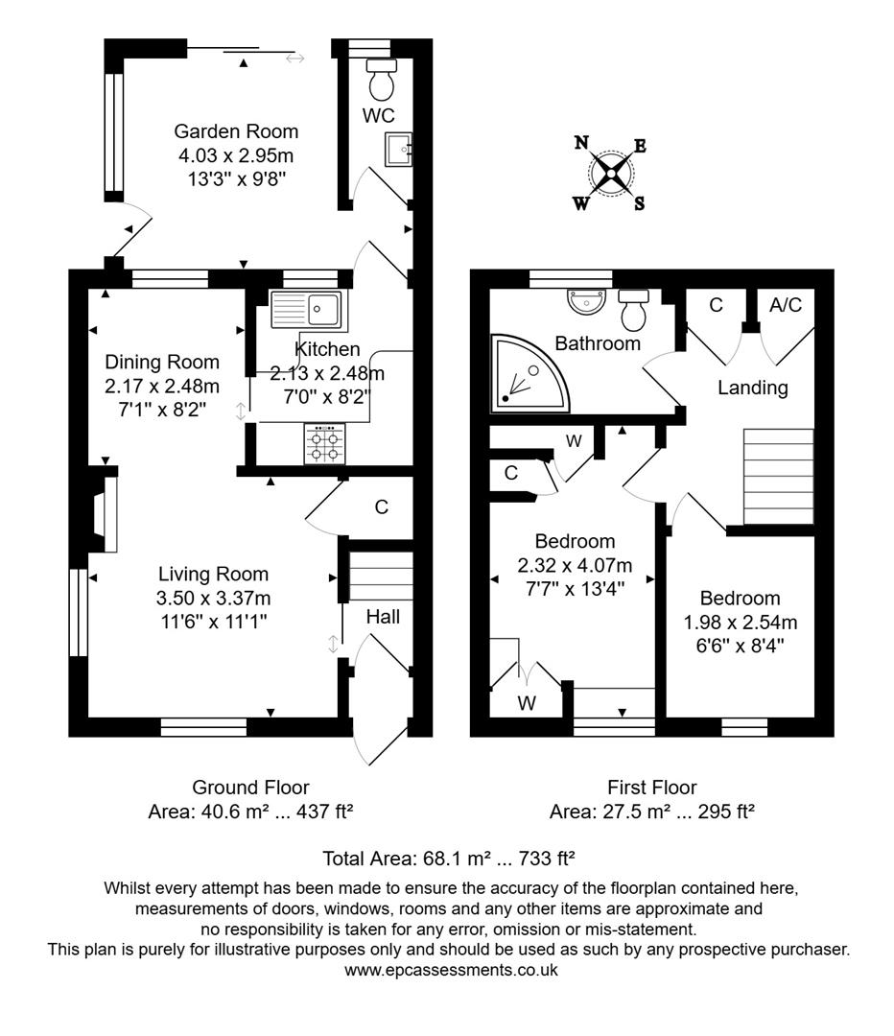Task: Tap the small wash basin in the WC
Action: [398, 149]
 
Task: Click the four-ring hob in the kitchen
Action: [325, 444]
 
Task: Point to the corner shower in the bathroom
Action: [527, 371]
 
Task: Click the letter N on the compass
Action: [581, 144]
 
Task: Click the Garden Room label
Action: [236, 131]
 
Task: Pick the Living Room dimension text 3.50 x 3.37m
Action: [214, 598]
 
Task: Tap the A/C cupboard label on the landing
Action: [786, 304]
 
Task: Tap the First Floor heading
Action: [651, 788]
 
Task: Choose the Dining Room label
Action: [162, 362]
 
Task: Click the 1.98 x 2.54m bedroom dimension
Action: [739, 621]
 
